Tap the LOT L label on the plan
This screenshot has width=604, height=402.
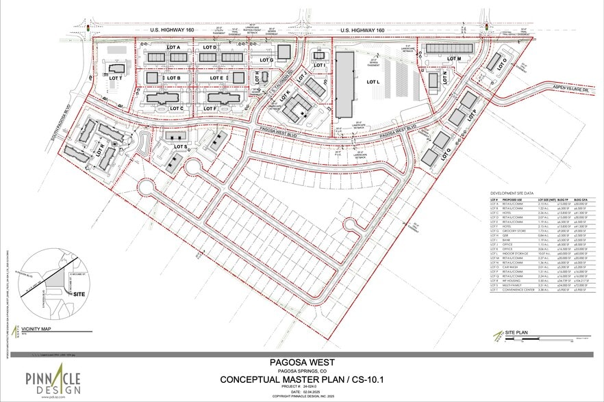click(373, 82)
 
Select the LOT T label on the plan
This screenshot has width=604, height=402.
click(115, 79)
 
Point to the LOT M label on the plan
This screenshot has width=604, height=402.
click(454, 59)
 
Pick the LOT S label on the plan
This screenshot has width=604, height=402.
click(181, 147)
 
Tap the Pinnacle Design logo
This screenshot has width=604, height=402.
click(54, 380)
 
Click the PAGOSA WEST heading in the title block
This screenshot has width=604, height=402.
click(301, 364)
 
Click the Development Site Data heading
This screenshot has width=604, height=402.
click(512, 193)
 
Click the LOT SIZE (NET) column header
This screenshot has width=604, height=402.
click(546, 200)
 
